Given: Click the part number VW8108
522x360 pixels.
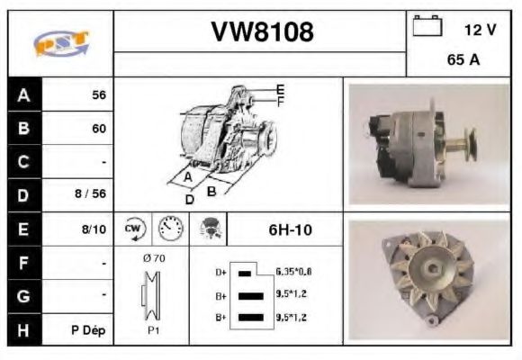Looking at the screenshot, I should coord(262,33).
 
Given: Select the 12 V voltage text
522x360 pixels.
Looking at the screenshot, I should coord(479,30).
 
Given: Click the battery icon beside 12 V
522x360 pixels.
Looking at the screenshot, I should coord(426,27).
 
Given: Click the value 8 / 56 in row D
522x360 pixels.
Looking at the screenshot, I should coord(92,193).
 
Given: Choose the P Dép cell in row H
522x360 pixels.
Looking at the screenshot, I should coord(89,329).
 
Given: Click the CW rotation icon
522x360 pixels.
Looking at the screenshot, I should coord(134,229).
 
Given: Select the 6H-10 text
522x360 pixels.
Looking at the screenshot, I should coord(290,229).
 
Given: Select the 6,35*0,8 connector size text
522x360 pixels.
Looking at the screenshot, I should coord(293,271).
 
